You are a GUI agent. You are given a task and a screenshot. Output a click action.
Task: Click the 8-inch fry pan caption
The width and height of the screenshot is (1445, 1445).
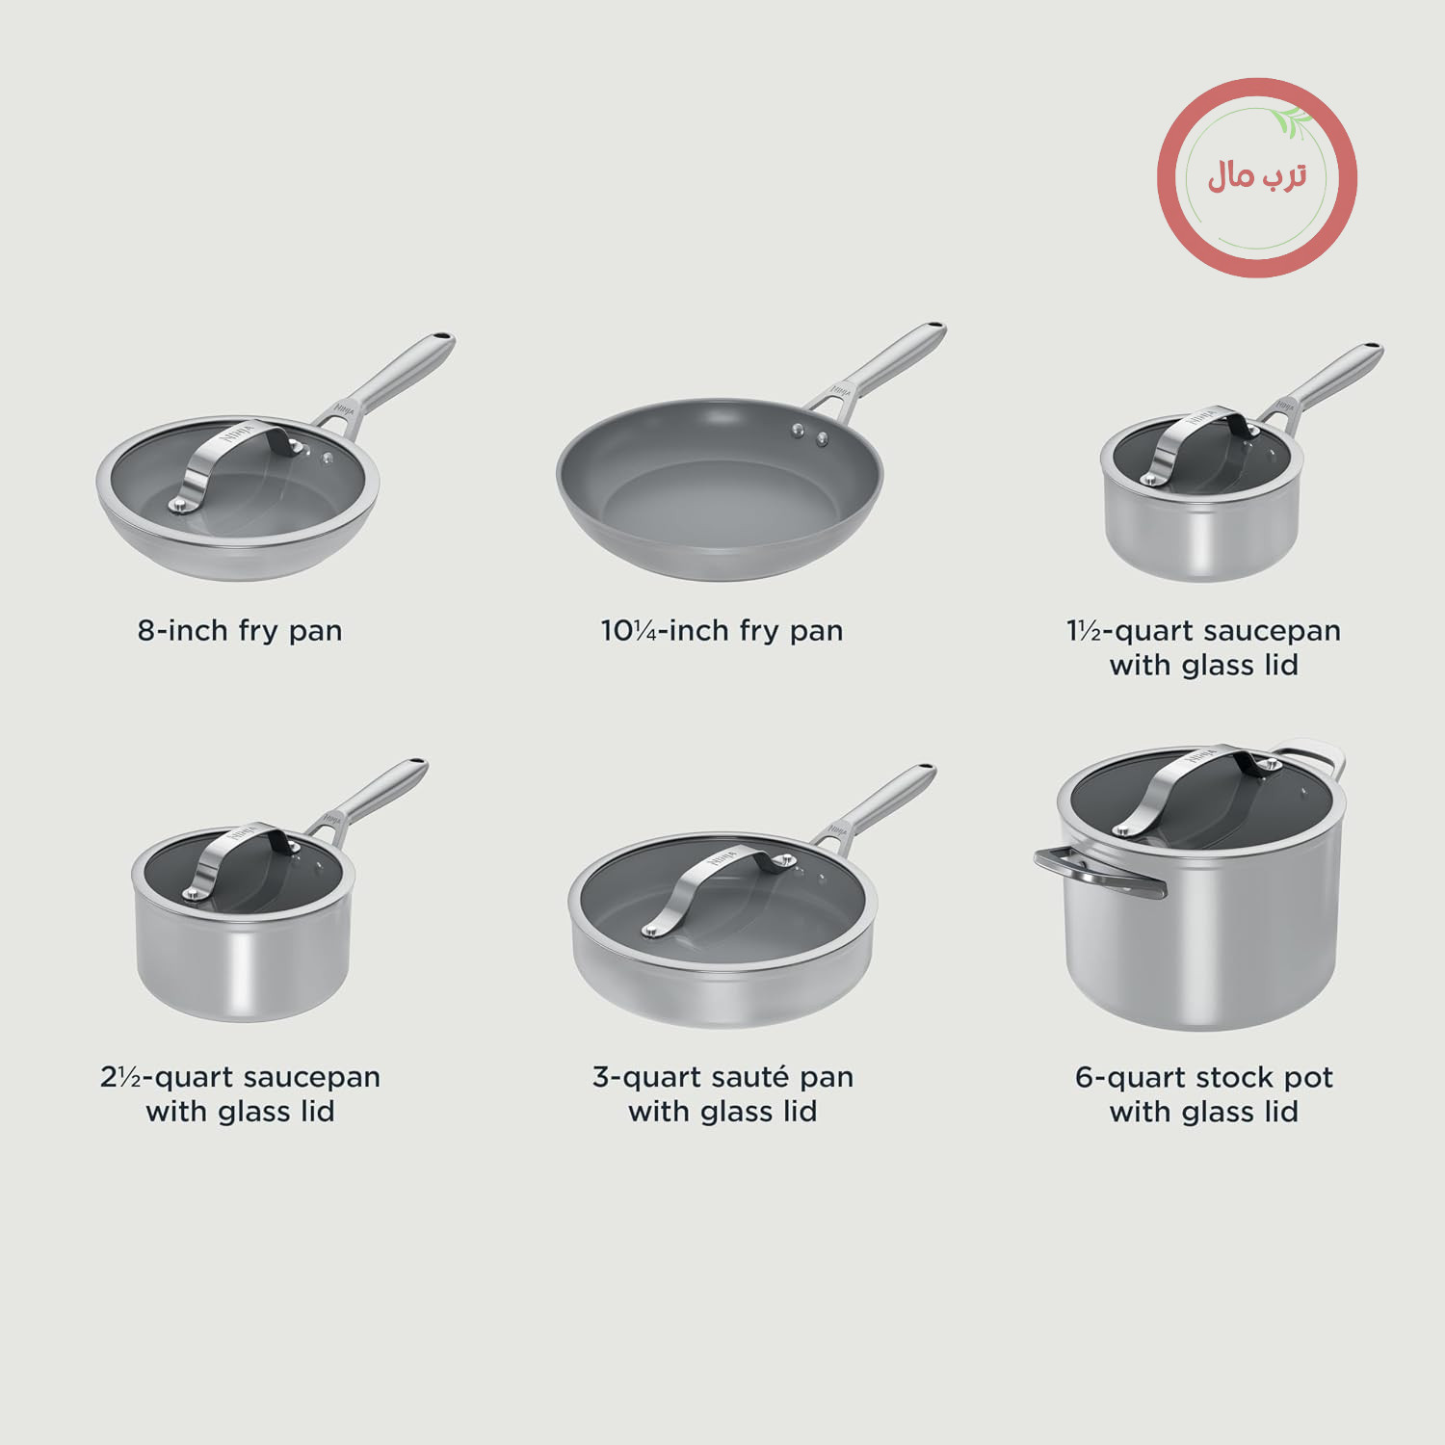click(240, 631)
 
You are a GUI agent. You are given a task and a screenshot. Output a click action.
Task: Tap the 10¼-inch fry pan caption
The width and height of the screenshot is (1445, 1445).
click(722, 631)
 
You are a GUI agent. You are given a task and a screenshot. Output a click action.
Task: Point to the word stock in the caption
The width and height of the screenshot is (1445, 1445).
click(1231, 1077)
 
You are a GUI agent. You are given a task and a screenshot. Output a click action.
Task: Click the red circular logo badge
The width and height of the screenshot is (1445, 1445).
click(1257, 177)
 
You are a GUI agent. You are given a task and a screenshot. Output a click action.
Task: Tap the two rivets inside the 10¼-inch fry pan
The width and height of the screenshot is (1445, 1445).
click(810, 433)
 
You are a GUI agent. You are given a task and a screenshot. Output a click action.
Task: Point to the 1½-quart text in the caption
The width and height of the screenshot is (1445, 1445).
click(1129, 631)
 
